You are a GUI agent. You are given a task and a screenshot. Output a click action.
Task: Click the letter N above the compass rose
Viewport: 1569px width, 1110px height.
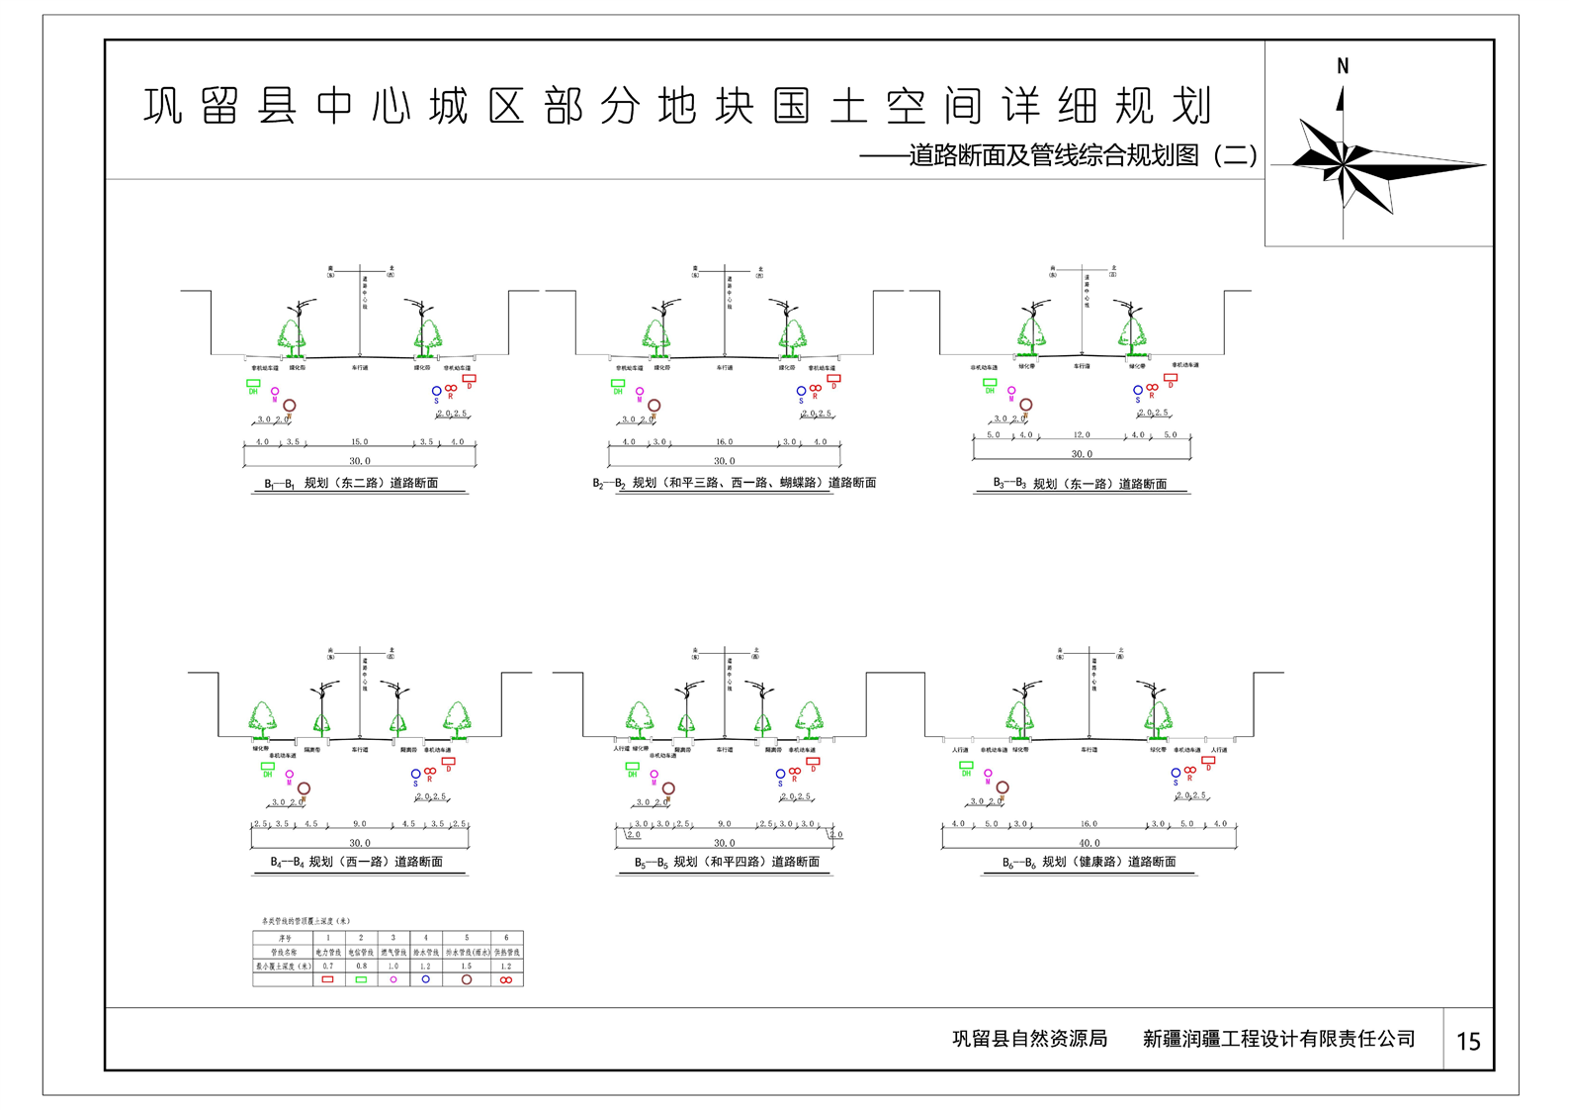pos(1342,66)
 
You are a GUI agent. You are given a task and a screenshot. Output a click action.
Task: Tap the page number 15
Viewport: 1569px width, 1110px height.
pos(1468,1041)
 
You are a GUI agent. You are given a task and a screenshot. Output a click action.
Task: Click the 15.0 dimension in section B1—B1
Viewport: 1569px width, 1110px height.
pos(359,442)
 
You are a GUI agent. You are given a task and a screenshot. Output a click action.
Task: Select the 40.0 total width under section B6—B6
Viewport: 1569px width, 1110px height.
pos(1089,843)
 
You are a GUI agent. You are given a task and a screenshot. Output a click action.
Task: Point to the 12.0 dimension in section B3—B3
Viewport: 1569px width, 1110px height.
pos(1082,435)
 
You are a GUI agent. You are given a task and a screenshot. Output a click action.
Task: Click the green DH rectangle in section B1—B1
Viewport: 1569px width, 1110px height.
pos(253,383)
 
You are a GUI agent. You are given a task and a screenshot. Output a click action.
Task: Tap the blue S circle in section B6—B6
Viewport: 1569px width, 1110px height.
pos(1176,773)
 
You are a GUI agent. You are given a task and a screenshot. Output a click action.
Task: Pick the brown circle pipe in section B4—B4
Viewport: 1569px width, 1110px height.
pos(304,788)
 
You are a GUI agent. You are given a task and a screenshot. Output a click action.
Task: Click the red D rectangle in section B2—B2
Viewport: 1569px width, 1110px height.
pos(833,378)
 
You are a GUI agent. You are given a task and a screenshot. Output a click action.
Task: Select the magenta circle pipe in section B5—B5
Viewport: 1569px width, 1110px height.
pos(654,774)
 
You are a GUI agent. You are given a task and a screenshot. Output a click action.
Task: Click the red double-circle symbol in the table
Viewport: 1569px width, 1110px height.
pos(506,979)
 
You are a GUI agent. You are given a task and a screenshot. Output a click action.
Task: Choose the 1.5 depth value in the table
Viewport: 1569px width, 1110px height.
pos(467,966)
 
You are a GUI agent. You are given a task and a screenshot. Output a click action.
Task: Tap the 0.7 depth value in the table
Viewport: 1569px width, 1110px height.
pos(328,966)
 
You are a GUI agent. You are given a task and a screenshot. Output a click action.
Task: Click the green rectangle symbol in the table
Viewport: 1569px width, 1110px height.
pos(361,979)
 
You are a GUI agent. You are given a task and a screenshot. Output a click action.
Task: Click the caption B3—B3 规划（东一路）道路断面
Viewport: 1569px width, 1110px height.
pos(1080,484)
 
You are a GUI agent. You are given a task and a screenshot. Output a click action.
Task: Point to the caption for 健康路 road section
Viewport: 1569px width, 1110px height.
pos(1089,862)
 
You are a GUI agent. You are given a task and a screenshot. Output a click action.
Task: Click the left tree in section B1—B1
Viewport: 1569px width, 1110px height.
pos(292,333)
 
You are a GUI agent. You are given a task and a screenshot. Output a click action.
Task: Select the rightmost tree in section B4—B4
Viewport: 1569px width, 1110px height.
pos(457,719)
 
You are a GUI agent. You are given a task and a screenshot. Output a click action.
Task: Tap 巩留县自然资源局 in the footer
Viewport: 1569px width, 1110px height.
pos(1029,1039)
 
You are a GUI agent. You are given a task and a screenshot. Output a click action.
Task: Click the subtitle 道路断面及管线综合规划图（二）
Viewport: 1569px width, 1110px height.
pos(1083,155)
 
